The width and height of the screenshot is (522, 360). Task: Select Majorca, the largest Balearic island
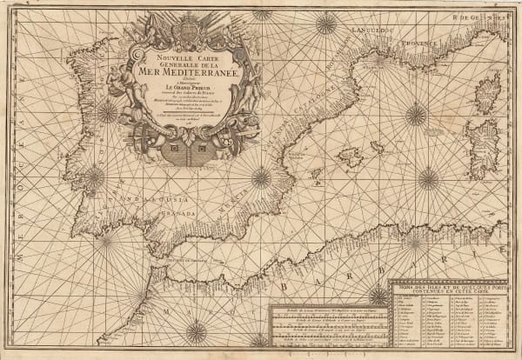tap(351, 157)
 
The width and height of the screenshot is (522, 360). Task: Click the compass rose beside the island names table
tap(379, 295)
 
